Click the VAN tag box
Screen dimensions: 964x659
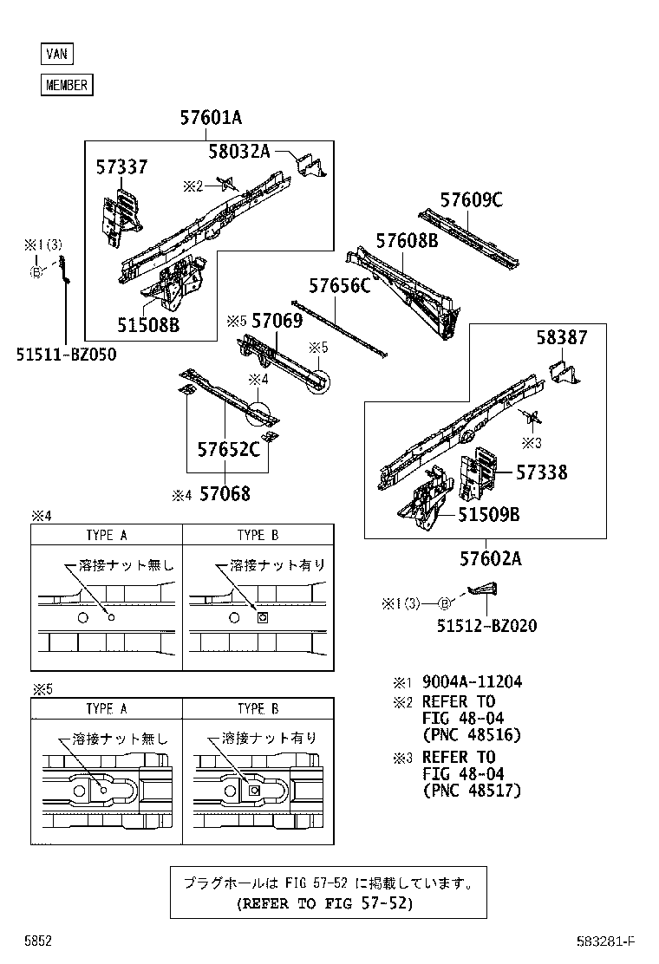[56, 54]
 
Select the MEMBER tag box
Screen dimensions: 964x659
[66, 85]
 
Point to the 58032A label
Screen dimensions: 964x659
[238, 153]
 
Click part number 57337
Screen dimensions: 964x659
[121, 167]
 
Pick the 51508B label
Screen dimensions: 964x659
[148, 324]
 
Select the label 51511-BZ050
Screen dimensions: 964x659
[65, 354]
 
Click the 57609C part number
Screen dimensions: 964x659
[471, 200]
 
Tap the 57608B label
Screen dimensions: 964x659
[407, 241]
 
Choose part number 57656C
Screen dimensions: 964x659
[340, 285]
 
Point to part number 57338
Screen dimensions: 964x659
[542, 472]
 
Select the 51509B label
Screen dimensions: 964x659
[488, 513]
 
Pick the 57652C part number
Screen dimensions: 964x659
[228, 449]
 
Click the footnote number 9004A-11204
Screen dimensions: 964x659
[472, 682]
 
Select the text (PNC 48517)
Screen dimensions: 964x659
[471, 791]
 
